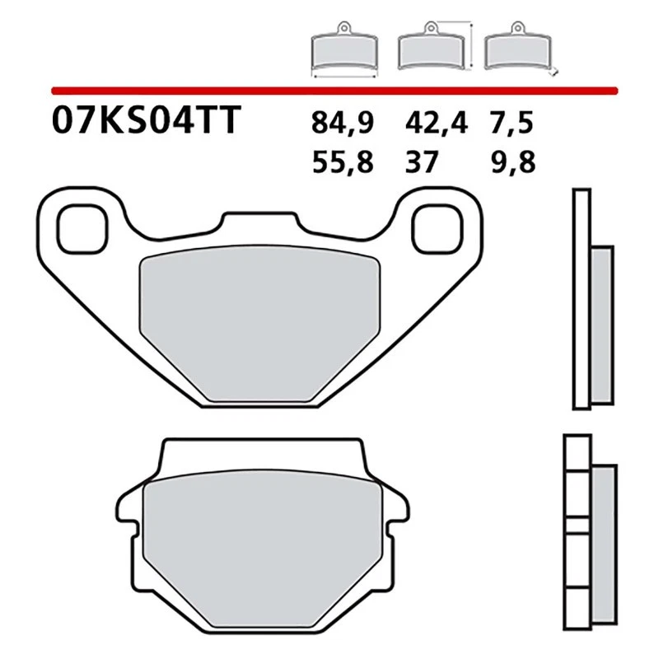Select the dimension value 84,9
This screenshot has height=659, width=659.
(343, 124)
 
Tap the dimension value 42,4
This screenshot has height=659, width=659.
(436, 124)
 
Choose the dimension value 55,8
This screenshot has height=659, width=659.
(343, 162)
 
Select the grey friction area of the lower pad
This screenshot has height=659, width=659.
(261, 540)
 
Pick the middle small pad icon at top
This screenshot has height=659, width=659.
(430, 51)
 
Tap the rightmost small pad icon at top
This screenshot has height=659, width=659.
(516, 51)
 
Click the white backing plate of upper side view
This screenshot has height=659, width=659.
(582, 297)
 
